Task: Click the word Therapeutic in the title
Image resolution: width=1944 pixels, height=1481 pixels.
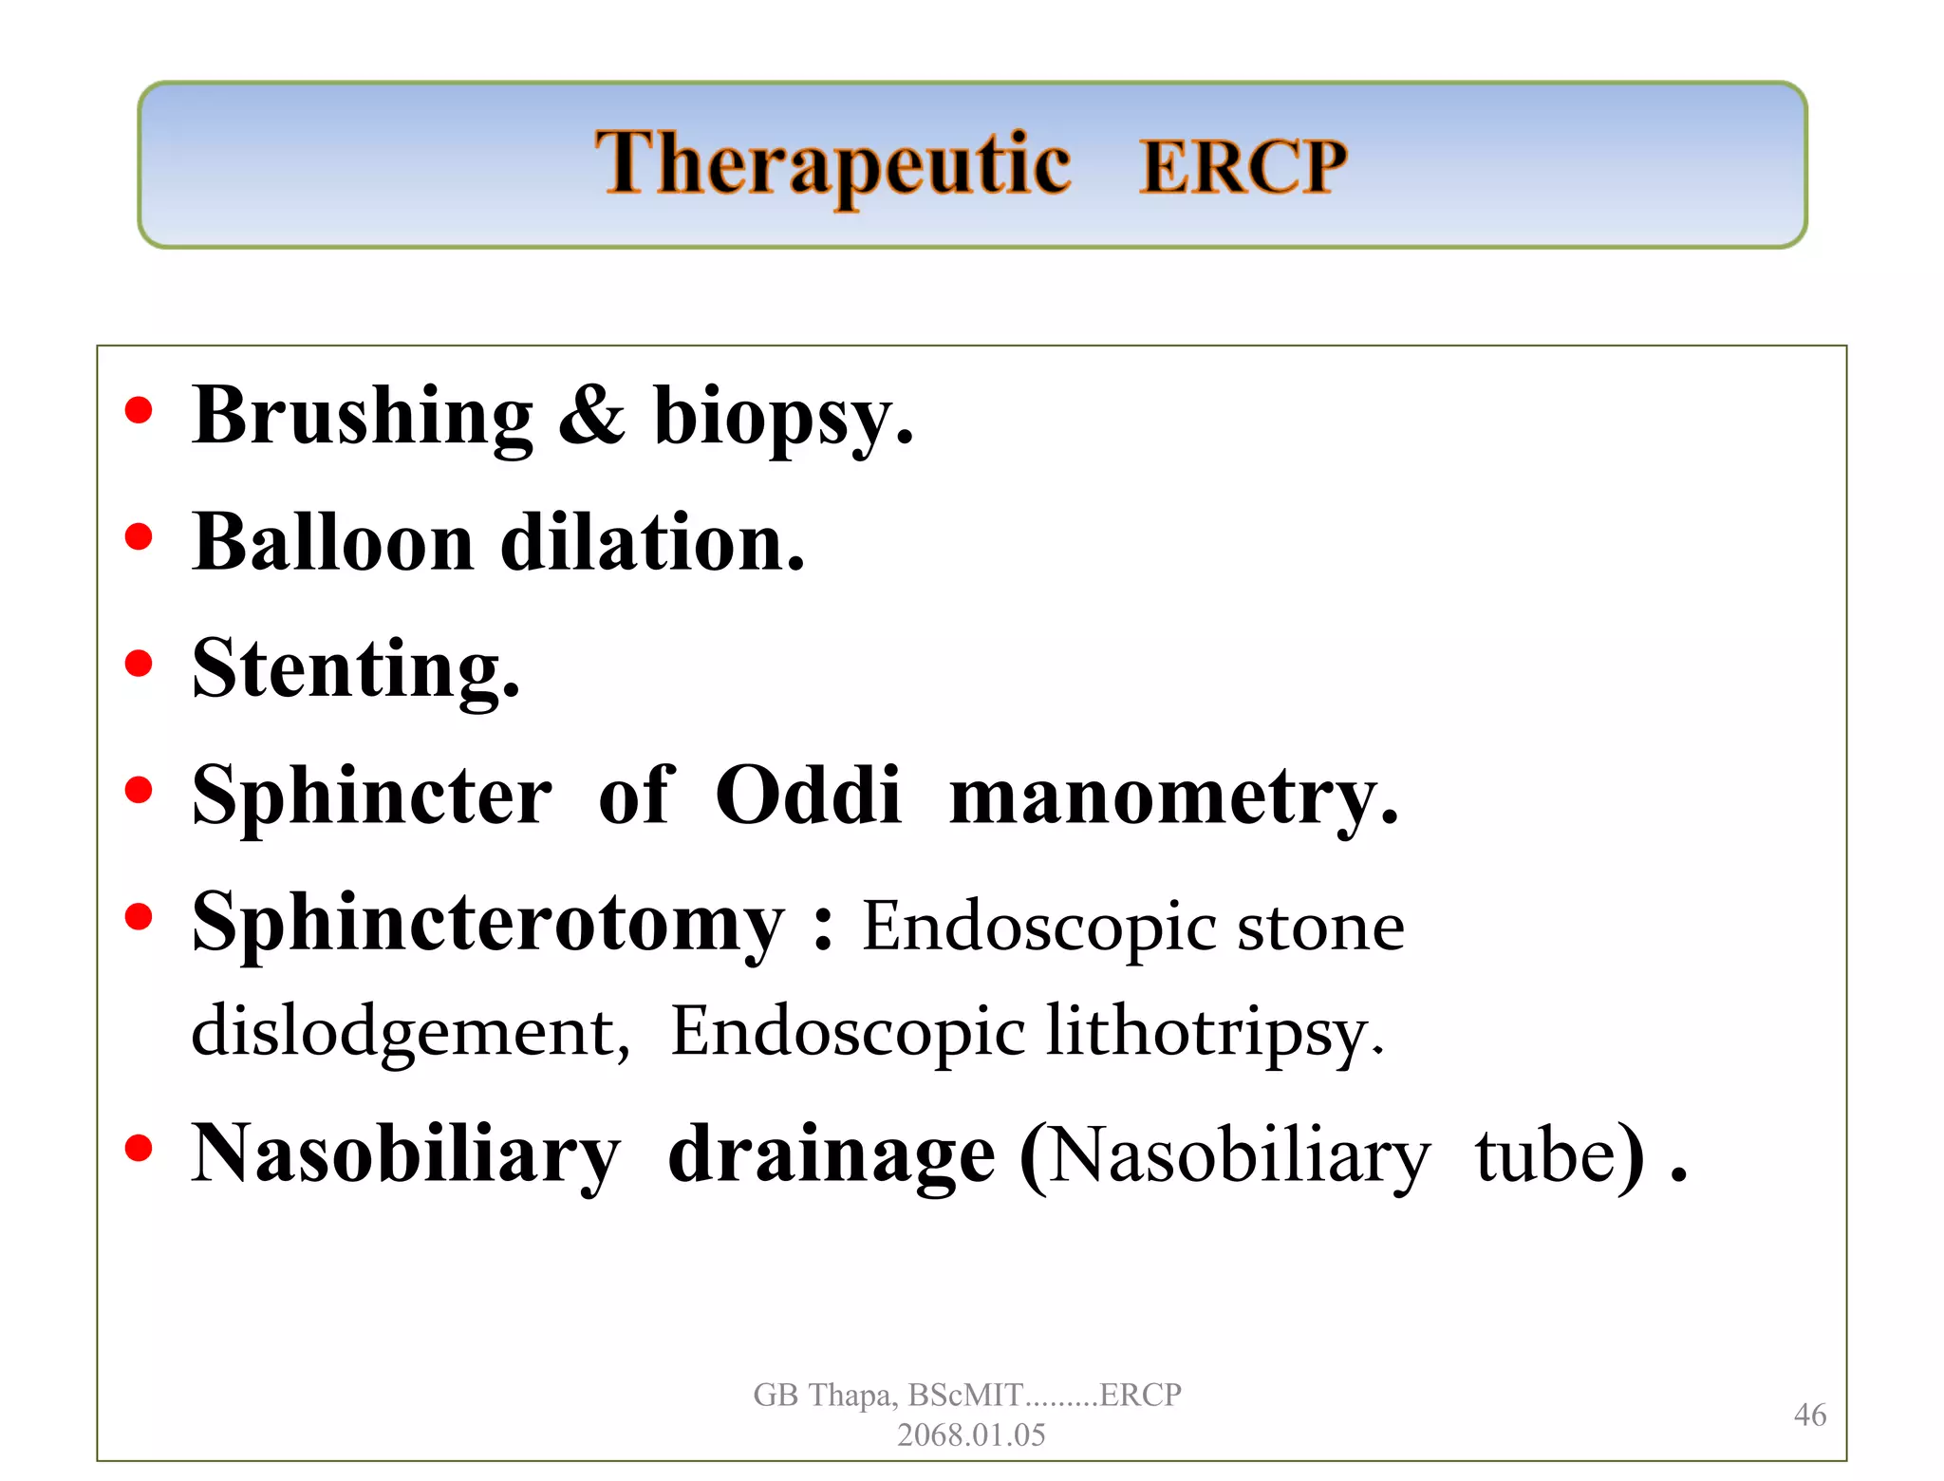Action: click(x=832, y=164)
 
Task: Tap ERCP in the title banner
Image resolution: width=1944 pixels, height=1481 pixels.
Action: click(x=1243, y=167)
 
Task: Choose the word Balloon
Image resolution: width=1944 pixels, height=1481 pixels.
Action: click(x=332, y=542)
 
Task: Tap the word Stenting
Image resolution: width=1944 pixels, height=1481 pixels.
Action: click(x=355, y=669)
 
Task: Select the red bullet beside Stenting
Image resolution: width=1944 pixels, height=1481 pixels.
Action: click(x=139, y=663)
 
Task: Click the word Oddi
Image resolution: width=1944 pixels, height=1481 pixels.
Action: click(x=807, y=795)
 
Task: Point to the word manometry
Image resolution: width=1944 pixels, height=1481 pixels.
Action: click(x=1172, y=797)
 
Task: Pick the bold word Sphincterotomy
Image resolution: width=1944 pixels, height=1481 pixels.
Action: click(x=488, y=923)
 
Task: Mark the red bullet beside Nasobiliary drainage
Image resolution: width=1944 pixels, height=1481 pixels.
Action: click(x=139, y=1148)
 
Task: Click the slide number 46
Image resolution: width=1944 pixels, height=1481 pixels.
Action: click(x=1809, y=1415)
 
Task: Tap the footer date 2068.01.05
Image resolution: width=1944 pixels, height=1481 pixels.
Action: click(x=971, y=1434)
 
